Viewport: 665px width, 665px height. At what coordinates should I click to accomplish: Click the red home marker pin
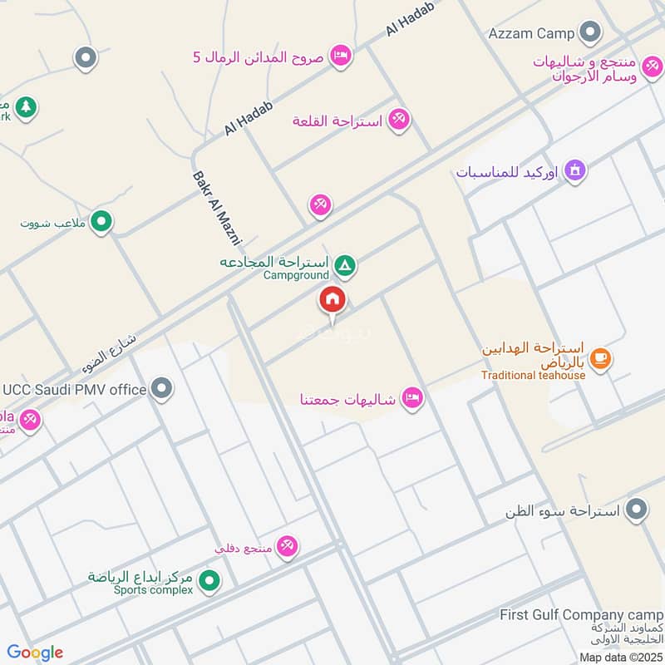tap(332, 300)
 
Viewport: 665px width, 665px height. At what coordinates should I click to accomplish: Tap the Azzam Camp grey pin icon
tap(590, 33)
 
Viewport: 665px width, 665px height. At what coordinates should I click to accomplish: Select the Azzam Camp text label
tap(531, 34)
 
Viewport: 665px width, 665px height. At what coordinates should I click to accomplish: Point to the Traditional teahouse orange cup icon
tap(600, 358)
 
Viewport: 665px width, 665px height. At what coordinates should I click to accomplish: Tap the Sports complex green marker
tap(209, 580)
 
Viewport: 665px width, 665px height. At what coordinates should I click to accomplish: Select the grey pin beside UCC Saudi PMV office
tap(162, 388)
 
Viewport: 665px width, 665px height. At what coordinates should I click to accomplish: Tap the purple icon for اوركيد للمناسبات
tap(574, 172)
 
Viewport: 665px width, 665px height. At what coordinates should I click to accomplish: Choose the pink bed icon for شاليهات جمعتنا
tap(412, 399)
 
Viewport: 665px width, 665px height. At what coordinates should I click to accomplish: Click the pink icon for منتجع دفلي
tap(288, 546)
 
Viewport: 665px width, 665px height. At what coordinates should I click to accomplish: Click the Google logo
tap(34, 652)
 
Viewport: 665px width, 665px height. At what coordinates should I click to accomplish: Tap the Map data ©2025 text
tap(619, 657)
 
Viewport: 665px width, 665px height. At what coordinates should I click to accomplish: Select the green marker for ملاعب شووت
tap(101, 221)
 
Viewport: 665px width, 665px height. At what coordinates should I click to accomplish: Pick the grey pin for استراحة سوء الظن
tap(637, 509)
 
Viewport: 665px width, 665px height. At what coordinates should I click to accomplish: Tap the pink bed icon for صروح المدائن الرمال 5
tap(340, 56)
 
